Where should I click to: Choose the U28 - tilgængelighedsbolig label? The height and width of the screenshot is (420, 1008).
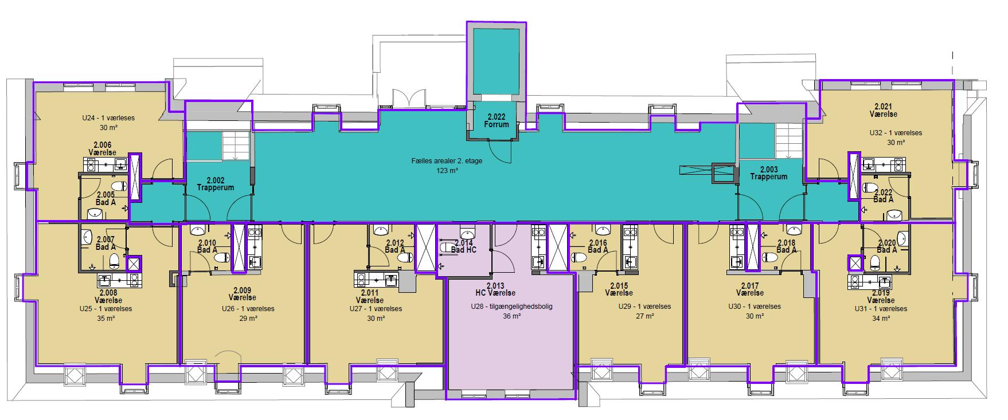tap(511, 307)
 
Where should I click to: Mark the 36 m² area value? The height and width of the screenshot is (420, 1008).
tap(511, 316)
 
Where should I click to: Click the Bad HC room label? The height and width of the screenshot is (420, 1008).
tap(463, 250)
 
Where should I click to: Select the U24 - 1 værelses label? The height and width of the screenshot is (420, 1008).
tap(108, 118)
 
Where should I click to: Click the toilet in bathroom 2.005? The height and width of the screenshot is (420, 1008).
tap(118, 187)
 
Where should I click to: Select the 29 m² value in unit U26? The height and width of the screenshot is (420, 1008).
tap(248, 317)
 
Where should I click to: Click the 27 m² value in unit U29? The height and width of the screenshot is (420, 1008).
tap(644, 315)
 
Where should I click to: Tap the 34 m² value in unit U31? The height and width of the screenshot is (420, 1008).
tap(880, 317)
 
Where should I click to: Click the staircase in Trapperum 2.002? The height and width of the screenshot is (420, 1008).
tap(236, 145)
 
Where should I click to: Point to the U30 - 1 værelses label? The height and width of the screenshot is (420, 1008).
tap(749, 307)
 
